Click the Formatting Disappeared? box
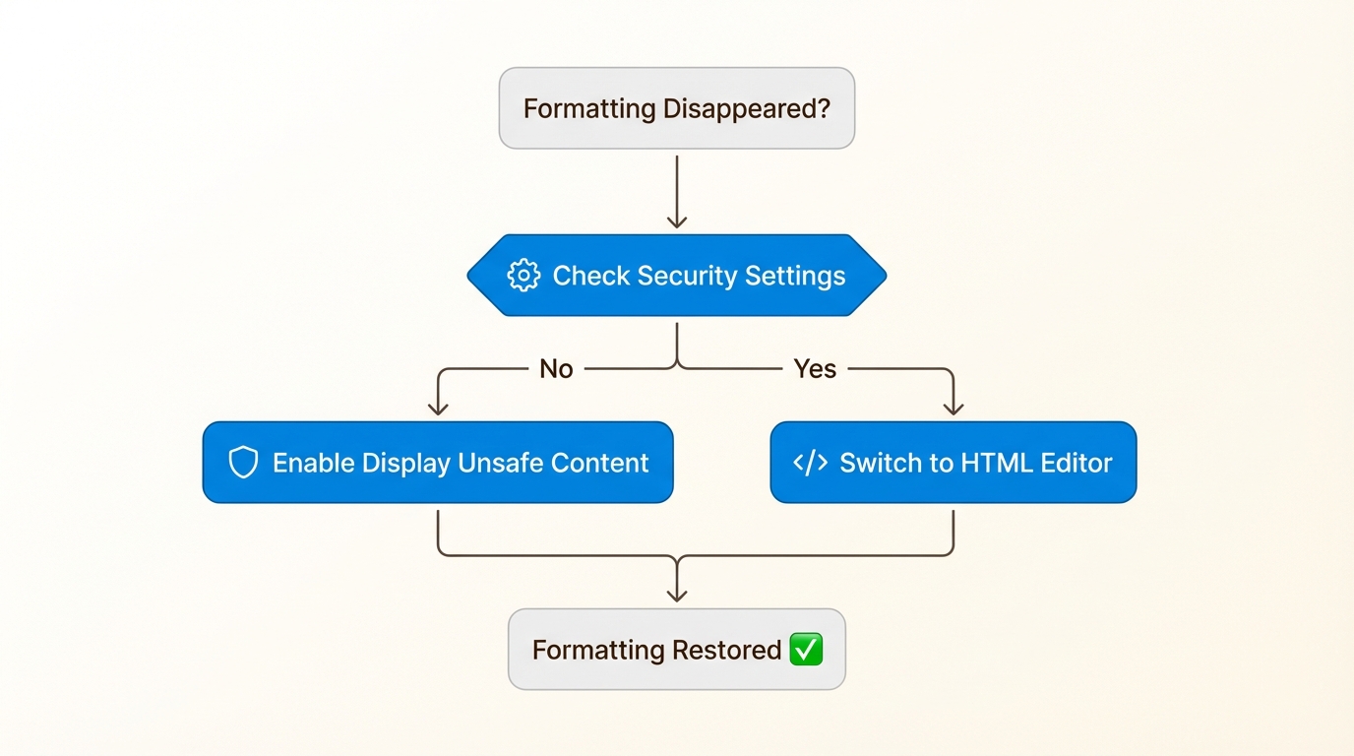tap(676, 108)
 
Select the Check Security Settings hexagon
tap(676, 276)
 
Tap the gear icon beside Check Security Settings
tap(523, 276)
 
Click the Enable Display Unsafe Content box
tap(438, 463)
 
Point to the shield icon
tap(243, 463)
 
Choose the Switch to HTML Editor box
tap(953, 463)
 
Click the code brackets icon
tap(810, 463)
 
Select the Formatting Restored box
tap(676, 650)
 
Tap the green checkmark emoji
tap(806, 650)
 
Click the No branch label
tap(556, 369)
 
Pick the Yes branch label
tap(815, 369)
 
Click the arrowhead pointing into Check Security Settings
tap(677, 221)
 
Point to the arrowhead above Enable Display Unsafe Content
tap(438, 408)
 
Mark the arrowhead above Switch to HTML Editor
tap(953, 408)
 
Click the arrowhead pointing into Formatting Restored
tap(677, 594)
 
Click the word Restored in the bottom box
tap(726, 650)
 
